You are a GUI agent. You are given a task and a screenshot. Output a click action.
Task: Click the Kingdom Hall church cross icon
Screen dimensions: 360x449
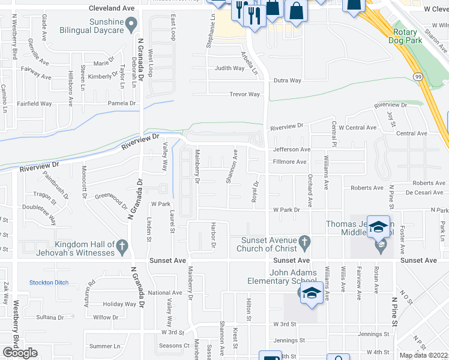pyautogui.click(x=122, y=245)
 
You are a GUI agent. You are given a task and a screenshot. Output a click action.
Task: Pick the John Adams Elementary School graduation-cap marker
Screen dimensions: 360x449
pyautogui.click(x=311, y=293)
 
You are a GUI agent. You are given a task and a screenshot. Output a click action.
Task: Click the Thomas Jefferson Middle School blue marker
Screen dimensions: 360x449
pyautogui.click(x=379, y=227)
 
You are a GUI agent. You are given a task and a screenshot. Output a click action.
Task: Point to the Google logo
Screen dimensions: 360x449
pyautogui.click(x=20, y=353)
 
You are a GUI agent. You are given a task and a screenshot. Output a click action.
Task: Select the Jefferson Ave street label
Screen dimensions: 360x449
pyautogui.click(x=291, y=149)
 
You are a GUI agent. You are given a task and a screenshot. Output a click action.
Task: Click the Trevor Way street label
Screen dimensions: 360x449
pyautogui.click(x=245, y=94)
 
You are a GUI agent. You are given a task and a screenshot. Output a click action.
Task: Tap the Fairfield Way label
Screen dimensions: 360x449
pyautogui.click(x=34, y=104)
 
